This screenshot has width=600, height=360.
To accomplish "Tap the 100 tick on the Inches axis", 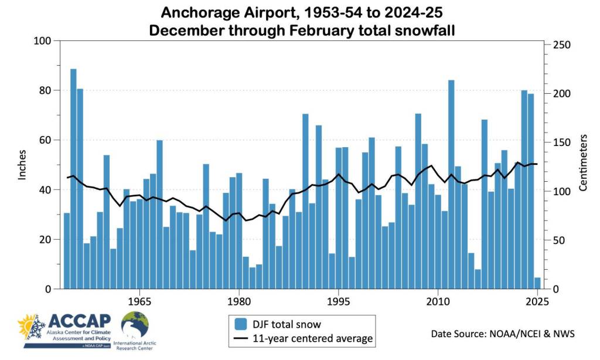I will [44, 41].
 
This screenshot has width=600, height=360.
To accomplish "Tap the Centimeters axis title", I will [583, 162].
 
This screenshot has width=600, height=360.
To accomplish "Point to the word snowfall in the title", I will [416, 29].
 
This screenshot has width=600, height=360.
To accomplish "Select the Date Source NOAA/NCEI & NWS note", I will [503, 334].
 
